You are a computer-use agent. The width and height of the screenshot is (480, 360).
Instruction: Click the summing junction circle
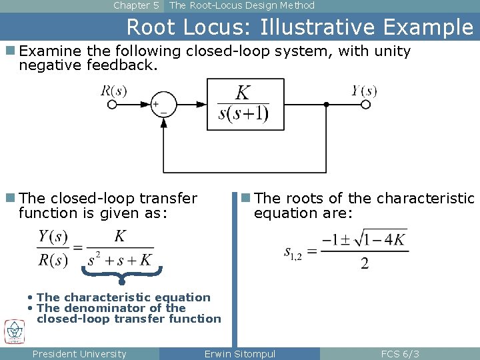163,105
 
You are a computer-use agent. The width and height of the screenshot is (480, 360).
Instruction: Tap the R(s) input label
114,91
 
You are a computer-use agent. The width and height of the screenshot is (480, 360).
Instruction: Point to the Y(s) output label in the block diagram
365,91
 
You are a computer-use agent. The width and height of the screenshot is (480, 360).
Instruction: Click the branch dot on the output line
326,105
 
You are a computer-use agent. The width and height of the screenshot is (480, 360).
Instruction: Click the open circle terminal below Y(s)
364,105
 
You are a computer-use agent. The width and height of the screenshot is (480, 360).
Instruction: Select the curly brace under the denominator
121,275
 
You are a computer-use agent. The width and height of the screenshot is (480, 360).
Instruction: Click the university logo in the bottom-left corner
14,331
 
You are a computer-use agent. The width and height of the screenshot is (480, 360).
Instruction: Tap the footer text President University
79,354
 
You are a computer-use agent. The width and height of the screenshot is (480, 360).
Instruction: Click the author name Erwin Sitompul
240,354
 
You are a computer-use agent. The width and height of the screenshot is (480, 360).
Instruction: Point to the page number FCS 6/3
400,354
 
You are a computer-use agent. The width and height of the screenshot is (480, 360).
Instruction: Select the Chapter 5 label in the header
136,5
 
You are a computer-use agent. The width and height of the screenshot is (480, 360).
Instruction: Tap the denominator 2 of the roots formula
364,263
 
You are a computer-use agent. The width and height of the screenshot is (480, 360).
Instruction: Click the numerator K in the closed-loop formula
120,235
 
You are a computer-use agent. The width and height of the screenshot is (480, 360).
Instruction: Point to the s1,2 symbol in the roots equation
293,252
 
